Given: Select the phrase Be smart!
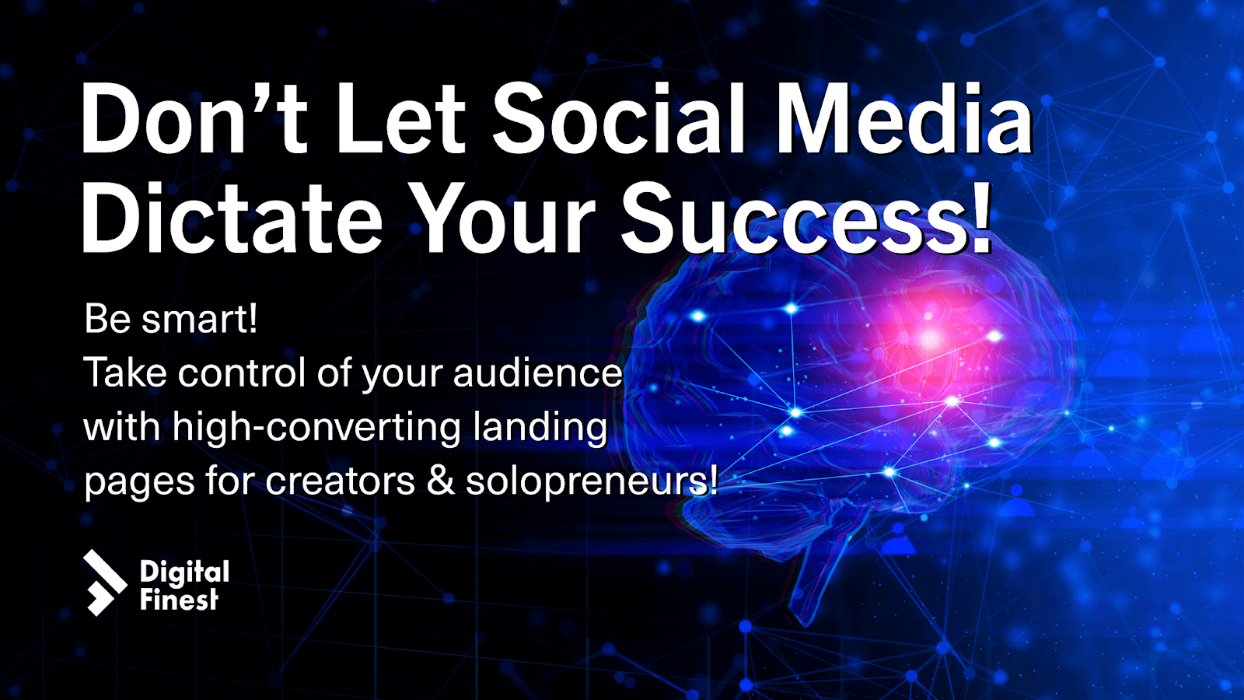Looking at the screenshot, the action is (171, 319).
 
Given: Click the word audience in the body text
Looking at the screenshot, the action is (537, 373).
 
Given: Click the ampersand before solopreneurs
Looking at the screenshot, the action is (441, 481).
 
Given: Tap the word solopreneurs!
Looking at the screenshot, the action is (592, 482).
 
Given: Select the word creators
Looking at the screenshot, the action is (340, 481).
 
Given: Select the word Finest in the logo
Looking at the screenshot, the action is (179, 600).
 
